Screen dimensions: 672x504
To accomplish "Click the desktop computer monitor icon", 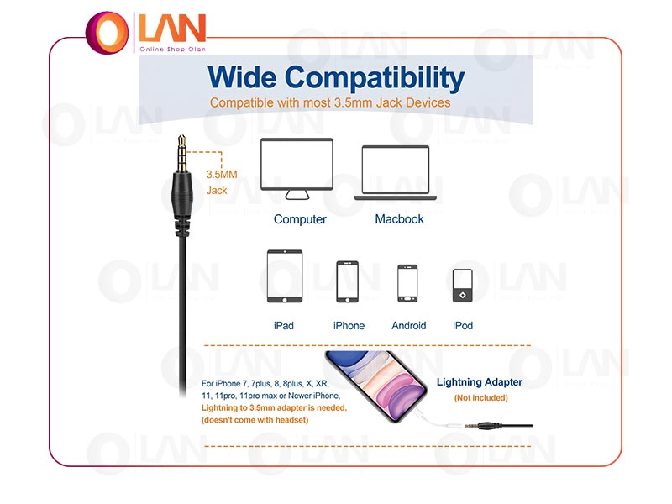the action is point(297,169).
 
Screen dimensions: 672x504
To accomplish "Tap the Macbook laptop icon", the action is point(395,173).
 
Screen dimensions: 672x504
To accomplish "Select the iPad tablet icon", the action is point(285,276).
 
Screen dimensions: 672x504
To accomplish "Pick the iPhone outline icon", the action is point(347,281).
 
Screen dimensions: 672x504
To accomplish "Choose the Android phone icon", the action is point(407,283).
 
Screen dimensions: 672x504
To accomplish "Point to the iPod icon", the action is point(463,286).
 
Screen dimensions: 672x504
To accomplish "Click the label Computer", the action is point(300,219).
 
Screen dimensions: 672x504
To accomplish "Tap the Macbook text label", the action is point(399,219).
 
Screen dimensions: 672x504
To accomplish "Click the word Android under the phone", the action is point(409,326).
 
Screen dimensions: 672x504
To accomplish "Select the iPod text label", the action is point(463,326).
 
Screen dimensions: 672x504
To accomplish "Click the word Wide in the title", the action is point(242,77).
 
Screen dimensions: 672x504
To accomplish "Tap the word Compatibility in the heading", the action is point(375,78).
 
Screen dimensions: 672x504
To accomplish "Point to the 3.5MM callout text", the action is point(222,175).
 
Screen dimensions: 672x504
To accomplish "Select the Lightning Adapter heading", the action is point(479,382).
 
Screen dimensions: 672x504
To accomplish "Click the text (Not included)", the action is point(480,397).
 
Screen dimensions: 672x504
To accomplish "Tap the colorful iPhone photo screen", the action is point(376,385).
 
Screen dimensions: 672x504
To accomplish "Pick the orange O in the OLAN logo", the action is point(108,33).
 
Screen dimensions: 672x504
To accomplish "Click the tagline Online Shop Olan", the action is point(173,50).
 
